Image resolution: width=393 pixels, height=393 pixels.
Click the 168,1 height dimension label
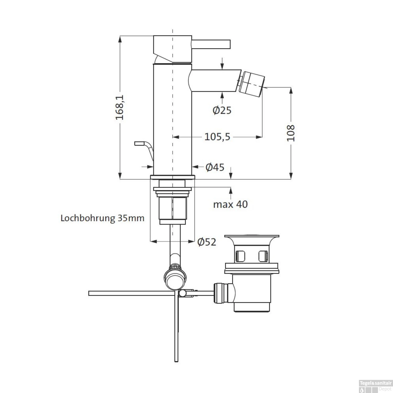point(120,107)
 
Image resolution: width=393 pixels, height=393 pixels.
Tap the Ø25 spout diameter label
point(222,110)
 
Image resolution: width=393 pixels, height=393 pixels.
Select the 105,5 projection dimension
point(217,137)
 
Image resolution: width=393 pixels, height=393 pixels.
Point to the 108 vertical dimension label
point(291,133)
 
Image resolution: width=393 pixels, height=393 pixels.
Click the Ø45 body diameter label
point(215,167)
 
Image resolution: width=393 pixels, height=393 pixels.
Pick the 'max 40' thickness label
point(230,204)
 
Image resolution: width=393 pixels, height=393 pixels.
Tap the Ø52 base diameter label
point(207,242)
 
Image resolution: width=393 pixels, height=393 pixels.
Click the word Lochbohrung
point(88,218)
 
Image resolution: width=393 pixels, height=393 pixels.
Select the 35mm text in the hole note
point(131,218)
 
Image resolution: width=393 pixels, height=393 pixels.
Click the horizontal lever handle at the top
point(211,44)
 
